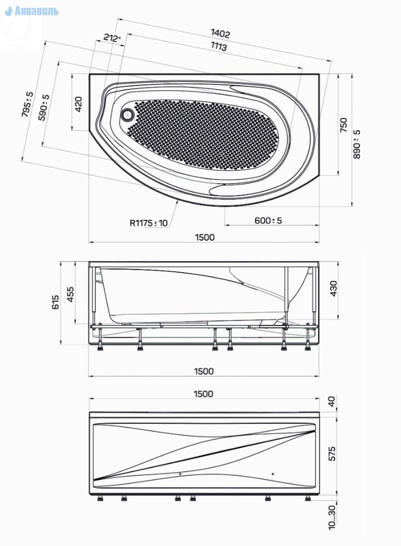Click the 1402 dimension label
[x=220, y=34]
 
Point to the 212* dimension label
[x=112, y=38]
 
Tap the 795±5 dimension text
[x=27, y=105]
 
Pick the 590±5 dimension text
[x=45, y=108]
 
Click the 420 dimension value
[x=79, y=105]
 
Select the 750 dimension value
[x=344, y=125]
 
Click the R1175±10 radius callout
[x=149, y=224]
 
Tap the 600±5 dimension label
[x=268, y=220]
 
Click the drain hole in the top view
[x=127, y=113]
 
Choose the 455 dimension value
[x=71, y=294]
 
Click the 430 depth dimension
[x=334, y=289]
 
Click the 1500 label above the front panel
[x=204, y=394]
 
